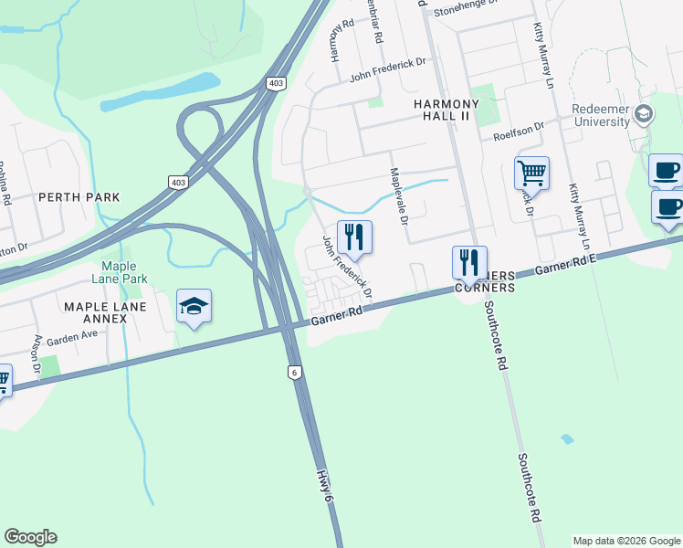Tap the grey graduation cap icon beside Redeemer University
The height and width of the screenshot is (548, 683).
[645, 113]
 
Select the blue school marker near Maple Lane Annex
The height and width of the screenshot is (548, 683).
[194, 307]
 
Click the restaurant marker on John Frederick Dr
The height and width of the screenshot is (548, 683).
[354, 237]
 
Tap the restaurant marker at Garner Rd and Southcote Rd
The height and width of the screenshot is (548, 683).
[469, 263]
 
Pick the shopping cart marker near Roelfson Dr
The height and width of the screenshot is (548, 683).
[531, 172]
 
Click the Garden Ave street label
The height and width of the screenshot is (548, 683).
[72, 337]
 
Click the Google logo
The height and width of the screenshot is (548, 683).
[30, 537]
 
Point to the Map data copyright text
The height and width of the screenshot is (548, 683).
[626, 541]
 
